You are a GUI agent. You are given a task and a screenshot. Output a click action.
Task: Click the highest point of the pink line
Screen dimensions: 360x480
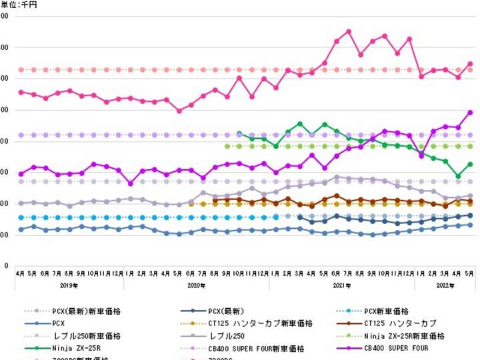click(x=349, y=31)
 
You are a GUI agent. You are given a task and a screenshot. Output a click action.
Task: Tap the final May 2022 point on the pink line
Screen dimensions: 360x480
click(x=469, y=64)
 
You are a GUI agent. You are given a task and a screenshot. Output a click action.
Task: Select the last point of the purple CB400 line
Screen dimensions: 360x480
click(x=469, y=113)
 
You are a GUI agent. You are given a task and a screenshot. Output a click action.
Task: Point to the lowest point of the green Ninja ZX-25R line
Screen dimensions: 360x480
click(x=457, y=176)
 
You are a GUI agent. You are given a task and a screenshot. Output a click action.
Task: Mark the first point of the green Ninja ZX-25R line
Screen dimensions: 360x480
click(x=239, y=133)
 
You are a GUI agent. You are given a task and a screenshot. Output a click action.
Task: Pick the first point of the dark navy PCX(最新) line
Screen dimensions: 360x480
click(x=300, y=217)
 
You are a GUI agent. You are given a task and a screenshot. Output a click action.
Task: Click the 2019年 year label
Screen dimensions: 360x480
click(x=69, y=285)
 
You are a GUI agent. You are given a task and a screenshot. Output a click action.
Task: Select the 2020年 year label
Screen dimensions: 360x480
click(x=197, y=285)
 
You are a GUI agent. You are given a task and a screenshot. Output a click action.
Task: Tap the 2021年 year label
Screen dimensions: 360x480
click(x=342, y=285)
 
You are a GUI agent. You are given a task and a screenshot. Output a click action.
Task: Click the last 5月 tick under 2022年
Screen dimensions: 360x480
click(x=469, y=273)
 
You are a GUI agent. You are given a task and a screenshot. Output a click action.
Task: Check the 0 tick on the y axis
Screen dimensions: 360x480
click(x=5, y=266)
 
